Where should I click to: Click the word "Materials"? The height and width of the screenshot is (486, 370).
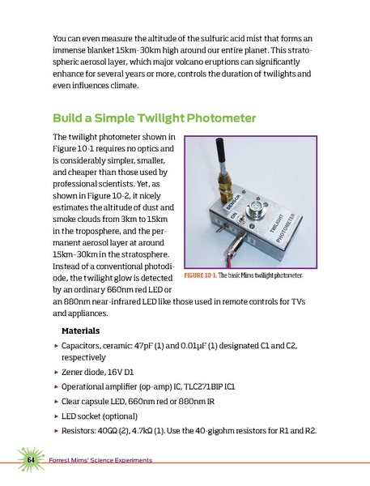click(86, 331)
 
